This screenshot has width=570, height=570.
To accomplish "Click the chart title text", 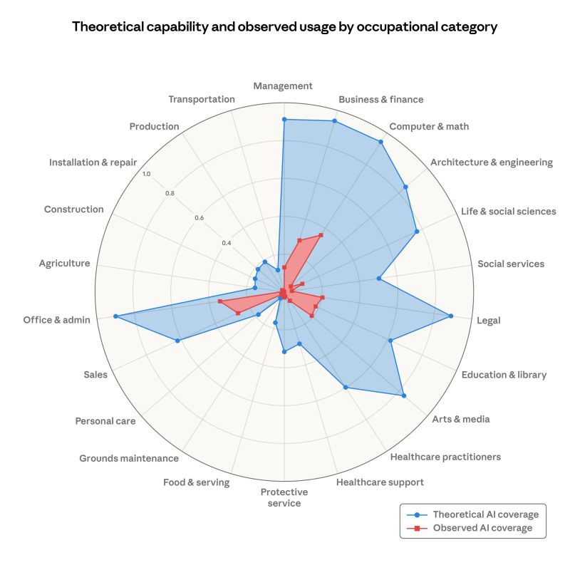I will pos(284,27).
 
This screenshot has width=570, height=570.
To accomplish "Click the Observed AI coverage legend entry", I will pos(474,528).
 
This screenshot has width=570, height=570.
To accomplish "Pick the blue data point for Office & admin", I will pos(115,316).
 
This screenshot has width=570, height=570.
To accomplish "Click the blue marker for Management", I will pos(284,120).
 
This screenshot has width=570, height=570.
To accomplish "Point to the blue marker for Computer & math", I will pos(380,142).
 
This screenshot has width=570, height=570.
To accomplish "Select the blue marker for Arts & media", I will pos(403,395).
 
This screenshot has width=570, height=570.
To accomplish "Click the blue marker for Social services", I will pos(378,279).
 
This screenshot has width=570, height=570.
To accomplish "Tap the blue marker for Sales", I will pos(177,341).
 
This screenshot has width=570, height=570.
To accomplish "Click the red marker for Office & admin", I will pos(220,302).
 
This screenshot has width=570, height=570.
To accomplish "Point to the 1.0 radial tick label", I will pos(146,175).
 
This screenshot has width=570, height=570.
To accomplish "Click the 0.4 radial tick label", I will pos(226,243).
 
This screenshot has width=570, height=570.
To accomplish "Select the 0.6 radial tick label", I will pos(199,218).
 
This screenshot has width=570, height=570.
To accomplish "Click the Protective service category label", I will pos(284,497).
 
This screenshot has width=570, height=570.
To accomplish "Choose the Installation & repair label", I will pos(93,162).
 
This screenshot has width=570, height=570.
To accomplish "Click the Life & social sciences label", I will pos(508,212).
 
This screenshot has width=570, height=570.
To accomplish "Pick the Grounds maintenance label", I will pos(129,458).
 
